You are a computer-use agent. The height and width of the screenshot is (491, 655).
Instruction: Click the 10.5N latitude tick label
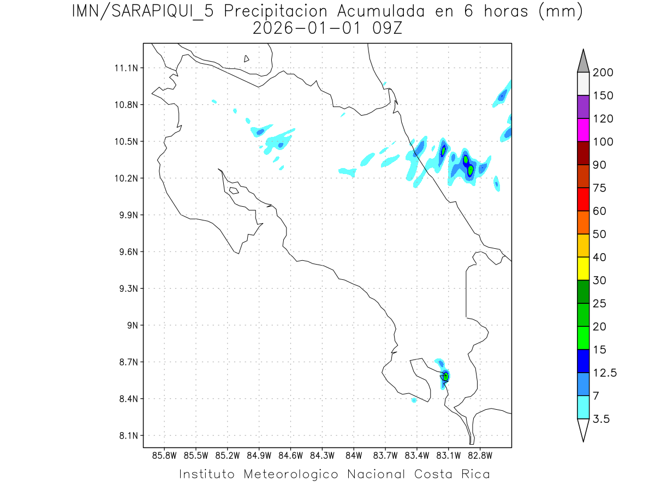coord(125,141)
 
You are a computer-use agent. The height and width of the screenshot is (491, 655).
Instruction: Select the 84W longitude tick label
coord(354,456)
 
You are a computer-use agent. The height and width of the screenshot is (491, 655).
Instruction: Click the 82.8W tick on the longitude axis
coord(480,456)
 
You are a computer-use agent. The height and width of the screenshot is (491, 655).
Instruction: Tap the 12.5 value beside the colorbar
coord(604,373)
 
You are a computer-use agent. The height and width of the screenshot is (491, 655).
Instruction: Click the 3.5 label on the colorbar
coord(602,419)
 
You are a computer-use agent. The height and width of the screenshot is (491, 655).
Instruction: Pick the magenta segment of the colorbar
coord(583,130)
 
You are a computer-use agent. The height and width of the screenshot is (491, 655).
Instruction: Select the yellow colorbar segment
coord(583,268)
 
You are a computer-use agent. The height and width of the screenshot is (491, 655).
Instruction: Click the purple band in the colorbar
coord(583,107)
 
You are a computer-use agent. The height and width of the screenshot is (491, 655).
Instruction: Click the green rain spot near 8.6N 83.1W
coord(446,376)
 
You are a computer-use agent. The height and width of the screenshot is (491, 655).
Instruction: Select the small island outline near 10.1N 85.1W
coord(234,190)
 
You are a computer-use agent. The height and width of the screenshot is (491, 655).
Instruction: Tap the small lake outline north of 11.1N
coord(247,58)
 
